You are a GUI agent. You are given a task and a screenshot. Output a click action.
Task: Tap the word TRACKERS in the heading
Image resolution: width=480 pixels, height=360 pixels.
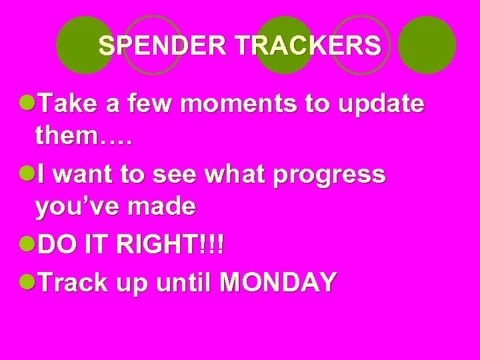[x=308, y=46]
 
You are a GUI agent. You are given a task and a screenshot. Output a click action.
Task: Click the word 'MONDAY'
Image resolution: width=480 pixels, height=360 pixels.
[x=277, y=283]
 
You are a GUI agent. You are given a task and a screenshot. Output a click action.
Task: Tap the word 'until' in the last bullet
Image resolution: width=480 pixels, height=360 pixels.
[x=183, y=283]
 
